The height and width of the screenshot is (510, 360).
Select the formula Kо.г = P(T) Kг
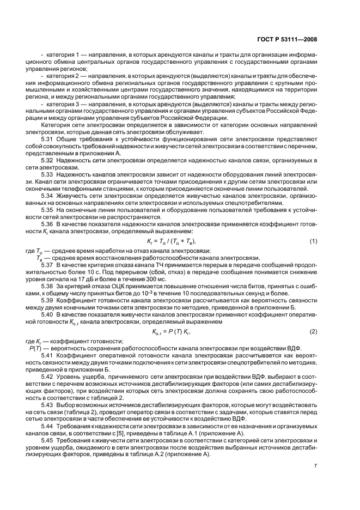[173, 332]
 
